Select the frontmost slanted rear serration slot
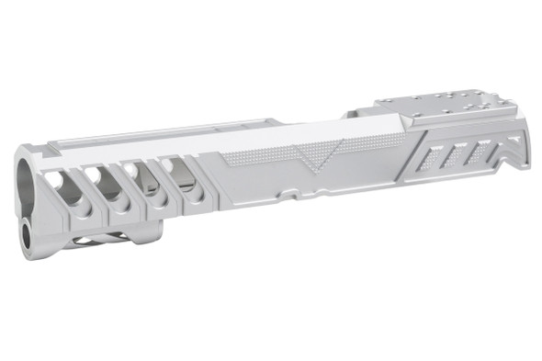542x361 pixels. (x=428, y=160)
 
